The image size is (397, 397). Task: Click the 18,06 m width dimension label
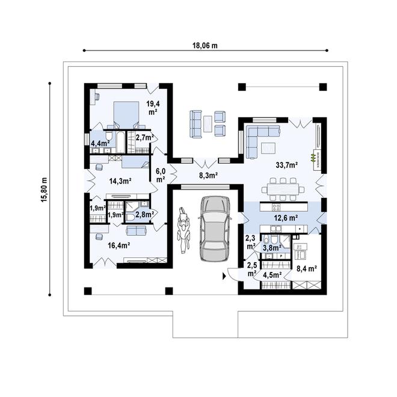coord(205,45)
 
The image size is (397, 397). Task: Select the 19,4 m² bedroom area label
coord(152,108)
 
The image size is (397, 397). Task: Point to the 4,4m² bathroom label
coord(99,144)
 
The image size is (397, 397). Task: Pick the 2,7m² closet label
coord(144,138)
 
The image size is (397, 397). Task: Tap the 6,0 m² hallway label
coord(161,174)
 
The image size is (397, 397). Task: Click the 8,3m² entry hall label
coord(208,176)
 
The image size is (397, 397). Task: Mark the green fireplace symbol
coord(312,158)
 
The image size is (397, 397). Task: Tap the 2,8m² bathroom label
coord(145,214)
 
